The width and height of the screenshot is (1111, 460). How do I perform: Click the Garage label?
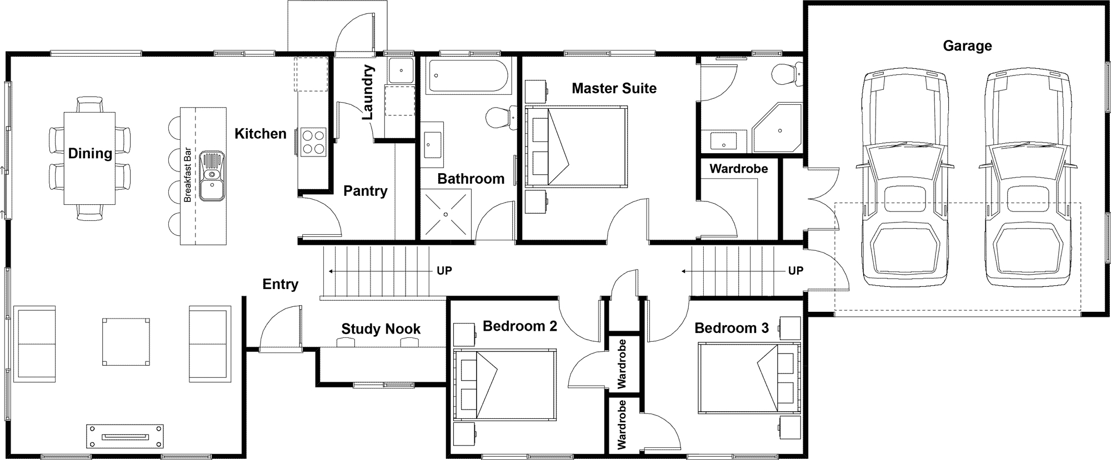coord(967,46)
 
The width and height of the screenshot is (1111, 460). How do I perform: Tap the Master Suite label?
coord(614,88)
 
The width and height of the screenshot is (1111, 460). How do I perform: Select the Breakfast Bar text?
coord(188,175)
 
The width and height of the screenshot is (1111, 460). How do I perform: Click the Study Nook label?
coord(381,329)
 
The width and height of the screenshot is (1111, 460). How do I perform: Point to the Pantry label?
coord(365,191)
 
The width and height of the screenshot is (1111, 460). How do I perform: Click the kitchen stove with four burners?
coord(313,141)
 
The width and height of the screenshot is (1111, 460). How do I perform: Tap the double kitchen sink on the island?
coord(213,175)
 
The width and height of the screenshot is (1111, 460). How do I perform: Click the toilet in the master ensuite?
coord(787,73)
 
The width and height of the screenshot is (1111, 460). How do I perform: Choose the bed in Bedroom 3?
coord(749,378)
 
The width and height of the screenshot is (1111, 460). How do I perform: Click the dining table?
coord(90,158)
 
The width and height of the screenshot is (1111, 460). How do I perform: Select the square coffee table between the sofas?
coord(126,341)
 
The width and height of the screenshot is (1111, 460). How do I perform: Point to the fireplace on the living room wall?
coord(126,437)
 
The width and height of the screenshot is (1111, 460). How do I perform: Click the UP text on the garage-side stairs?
coord(795,271)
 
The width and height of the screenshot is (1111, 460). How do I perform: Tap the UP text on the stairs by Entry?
coord(444,271)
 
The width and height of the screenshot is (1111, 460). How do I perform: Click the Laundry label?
coord(368,93)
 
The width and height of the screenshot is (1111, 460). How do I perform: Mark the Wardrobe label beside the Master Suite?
coord(739,169)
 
